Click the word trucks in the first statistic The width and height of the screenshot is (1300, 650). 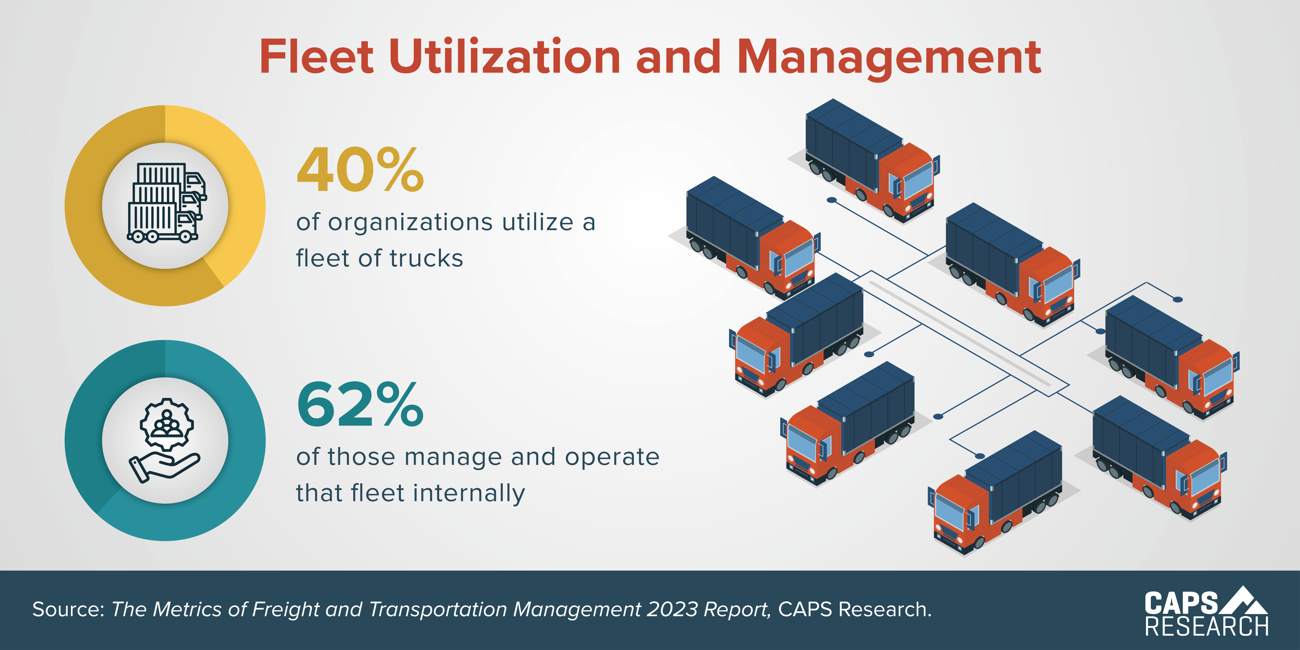click(x=426, y=258)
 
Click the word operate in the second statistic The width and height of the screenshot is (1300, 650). click(x=612, y=457)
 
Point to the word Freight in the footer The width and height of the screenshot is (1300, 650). click(x=285, y=610)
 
